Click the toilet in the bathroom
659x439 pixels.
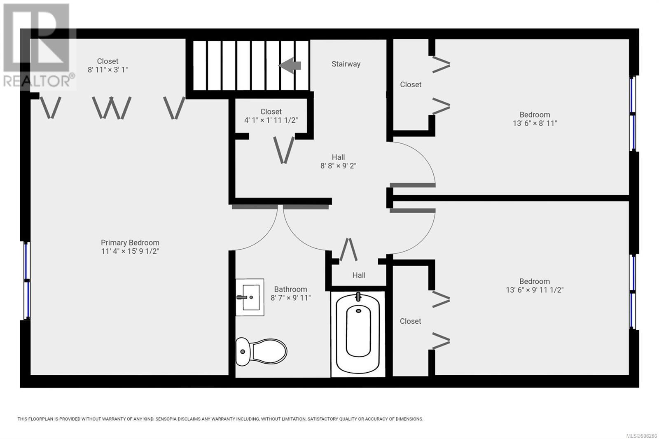[x=261, y=352]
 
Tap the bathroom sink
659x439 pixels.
[x=250, y=297]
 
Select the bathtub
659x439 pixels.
[x=358, y=334]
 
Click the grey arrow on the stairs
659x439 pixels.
[x=290, y=65]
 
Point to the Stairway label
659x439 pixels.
[x=346, y=64]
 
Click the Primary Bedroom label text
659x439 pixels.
[x=130, y=243]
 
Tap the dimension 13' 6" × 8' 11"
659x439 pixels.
[x=535, y=123]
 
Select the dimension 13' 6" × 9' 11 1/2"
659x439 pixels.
[x=535, y=290]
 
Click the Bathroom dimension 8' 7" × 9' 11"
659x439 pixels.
[x=291, y=298]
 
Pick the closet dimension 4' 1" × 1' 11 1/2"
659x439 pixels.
[x=271, y=120]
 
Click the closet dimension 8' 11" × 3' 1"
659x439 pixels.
[x=107, y=70]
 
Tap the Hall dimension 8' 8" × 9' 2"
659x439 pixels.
[x=338, y=166]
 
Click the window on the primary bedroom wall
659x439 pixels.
[x=27, y=281]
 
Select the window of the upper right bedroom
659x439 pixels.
[x=632, y=114]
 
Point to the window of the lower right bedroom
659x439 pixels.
[x=632, y=292]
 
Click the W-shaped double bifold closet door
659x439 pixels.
[x=112, y=107]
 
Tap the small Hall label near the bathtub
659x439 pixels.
[x=359, y=275]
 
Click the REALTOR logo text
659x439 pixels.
[x=37, y=81]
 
